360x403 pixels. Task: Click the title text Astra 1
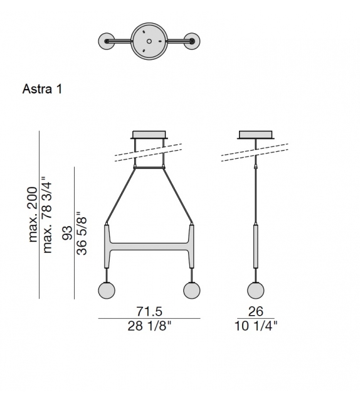pyautogui.click(x=42, y=89)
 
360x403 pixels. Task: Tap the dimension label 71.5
pyautogui.click(x=149, y=311)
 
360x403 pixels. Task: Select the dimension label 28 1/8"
pyautogui.click(x=149, y=326)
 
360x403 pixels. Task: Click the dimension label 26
pyautogui.click(x=255, y=311)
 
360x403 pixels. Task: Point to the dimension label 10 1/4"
pyautogui.click(x=255, y=326)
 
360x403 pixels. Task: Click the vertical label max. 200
pyautogui.click(x=34, y=213)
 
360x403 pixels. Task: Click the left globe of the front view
pyautogui.click(x=108, y=290)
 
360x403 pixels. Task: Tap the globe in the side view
pyautogui.click(x=255, y=290)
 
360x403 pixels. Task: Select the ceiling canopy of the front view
pyautogui.click(x=149, y=134)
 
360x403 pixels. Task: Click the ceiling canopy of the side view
pyautogui.click(x=255, y=134)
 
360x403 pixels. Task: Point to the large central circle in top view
pyautogui.click(x=149, y=41)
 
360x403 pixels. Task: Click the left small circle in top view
pyautogui.click(x=108, y=41)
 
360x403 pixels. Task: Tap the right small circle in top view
pyautogui.click(x=191, y=41)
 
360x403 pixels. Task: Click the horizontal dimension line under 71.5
pyautogui.click(x=149, y=318)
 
